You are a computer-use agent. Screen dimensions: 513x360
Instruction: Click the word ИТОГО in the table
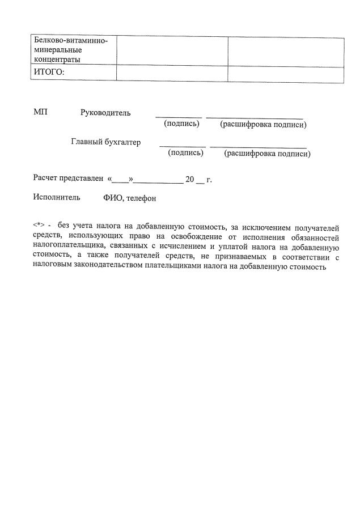[x=49, y=73]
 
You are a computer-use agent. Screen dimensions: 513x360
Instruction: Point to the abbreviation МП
[x=40, y=112]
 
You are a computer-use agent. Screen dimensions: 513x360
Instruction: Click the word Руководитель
[x=105, y=112]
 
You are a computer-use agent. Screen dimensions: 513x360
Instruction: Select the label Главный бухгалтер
[x=105, y=142]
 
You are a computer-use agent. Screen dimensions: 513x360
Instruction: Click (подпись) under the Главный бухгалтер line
[x=185, y=152]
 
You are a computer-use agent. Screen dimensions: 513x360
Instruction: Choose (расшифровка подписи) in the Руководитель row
[x=263, y=124]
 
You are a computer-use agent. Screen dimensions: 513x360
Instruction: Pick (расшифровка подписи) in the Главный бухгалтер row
[x=267, y=153]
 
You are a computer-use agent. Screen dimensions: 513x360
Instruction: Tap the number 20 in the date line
[x=190, y=180]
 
